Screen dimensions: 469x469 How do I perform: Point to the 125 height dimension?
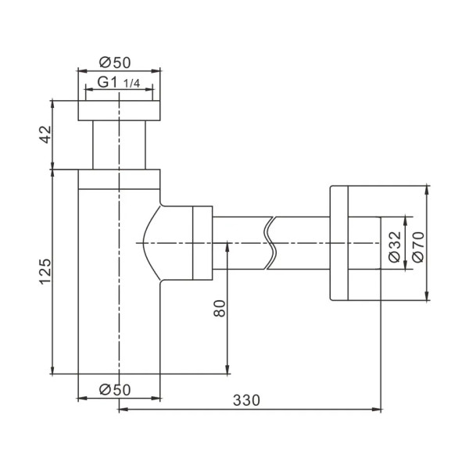[46, 270]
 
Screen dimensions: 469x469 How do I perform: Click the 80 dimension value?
[220, 308]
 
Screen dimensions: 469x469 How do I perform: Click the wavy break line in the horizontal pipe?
[270, 243]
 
